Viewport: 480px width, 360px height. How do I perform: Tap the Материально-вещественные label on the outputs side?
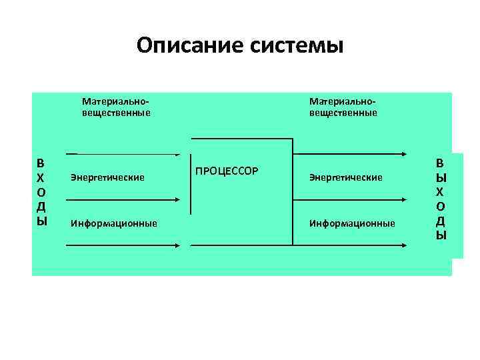point(343,107)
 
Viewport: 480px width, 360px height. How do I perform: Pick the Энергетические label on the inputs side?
point(107,177)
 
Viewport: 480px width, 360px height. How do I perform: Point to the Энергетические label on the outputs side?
point(345,177)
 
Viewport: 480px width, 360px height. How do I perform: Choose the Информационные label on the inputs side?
point(114,223)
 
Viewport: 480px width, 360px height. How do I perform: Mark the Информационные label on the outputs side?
point(352,223)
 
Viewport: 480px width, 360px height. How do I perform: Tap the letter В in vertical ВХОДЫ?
point(41,163)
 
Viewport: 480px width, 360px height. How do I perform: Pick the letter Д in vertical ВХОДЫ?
point(41,207)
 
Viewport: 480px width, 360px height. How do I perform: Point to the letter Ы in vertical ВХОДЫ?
point(41,221)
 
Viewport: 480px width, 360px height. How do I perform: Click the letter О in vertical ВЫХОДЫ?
point(441,206)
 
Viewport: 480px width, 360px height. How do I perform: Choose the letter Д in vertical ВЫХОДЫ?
point(441,221)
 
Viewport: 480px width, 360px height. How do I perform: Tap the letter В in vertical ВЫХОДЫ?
point(441,162)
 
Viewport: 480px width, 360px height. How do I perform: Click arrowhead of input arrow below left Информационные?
point(177,245)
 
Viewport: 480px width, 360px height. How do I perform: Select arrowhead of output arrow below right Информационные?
point(406,245)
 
